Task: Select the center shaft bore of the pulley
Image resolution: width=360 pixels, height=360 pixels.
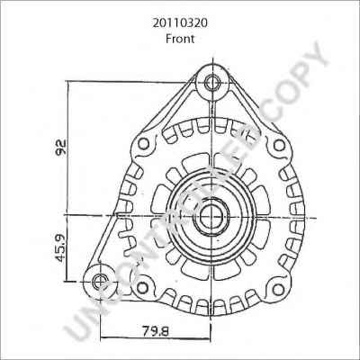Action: (x=213, y=216)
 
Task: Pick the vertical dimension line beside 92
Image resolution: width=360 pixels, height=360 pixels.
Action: (x=67, y=148)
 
